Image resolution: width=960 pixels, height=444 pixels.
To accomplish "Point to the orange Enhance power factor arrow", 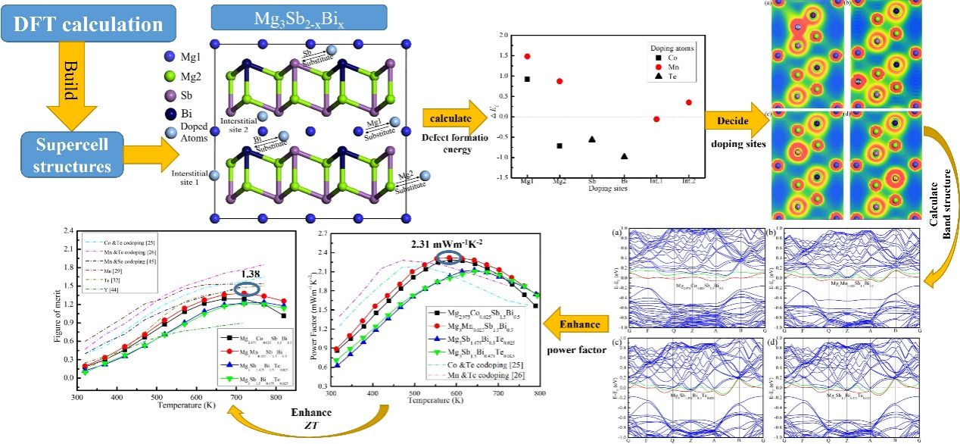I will pos(576,325).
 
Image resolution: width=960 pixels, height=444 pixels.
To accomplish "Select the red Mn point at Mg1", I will pos(527,56).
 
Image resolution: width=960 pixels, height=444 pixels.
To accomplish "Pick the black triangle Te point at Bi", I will pos(624,156).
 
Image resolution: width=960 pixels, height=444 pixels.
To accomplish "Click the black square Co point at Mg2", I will pos(559,145).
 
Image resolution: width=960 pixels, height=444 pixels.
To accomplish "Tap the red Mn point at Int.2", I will pos(688,102).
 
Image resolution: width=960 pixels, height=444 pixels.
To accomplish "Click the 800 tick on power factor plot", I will pos(538,394).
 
